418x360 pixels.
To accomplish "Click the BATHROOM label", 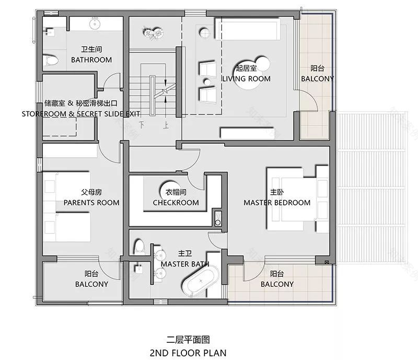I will [91, 60].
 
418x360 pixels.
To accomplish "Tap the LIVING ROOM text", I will [246, 78].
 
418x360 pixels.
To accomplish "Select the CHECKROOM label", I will [176, 202].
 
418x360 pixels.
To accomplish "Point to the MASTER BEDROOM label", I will [277, 202].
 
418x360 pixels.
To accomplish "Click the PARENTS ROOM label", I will [91, 202].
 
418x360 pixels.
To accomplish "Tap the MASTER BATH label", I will [185, 264].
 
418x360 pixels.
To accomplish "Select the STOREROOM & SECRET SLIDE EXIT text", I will [81, 113].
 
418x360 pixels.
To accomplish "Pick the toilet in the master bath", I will [139, 246].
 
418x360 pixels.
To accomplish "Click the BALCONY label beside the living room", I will [317, 78].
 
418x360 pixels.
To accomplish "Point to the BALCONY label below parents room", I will [91, 284].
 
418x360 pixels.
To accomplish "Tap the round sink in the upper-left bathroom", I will [95, 24].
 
